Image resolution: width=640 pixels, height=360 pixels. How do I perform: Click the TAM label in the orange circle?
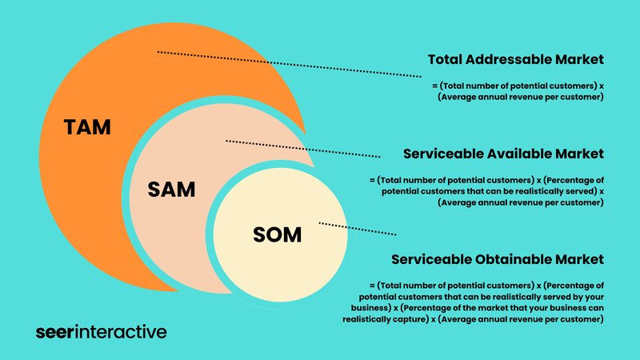87,127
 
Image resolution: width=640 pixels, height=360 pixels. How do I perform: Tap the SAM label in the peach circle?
171,190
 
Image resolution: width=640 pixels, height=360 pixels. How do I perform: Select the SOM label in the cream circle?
277,234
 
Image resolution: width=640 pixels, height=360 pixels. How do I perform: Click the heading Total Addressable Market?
516,59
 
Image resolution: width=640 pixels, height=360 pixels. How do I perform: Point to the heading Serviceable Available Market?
503,154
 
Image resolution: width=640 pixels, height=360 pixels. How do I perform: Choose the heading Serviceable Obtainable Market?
498,259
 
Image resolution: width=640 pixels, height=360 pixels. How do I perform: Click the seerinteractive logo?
102,332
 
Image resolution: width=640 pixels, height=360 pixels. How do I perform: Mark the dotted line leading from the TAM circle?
290,64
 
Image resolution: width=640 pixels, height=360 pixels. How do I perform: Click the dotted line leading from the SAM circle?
303,149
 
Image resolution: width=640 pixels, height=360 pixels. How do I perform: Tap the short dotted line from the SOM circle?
358,229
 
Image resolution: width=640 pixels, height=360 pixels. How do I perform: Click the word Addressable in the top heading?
508,59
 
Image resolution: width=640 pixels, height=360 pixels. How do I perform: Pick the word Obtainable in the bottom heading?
516,259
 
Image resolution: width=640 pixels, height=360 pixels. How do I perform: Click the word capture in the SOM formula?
414,319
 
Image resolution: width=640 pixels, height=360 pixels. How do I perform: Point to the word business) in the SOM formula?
371,308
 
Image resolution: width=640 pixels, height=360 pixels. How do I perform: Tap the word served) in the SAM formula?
582,191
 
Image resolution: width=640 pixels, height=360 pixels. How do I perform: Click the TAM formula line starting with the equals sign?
518,86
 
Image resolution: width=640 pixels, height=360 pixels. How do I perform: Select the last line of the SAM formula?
521,202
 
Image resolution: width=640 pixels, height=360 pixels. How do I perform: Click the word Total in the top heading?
445,59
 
